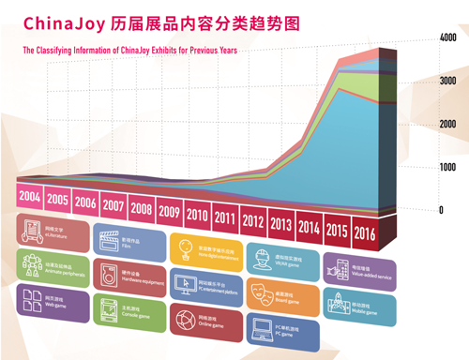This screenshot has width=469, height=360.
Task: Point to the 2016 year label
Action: pyautogui.click(x=364, y=232)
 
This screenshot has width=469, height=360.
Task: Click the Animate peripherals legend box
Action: pyautogui.click(x=53, y=265)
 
